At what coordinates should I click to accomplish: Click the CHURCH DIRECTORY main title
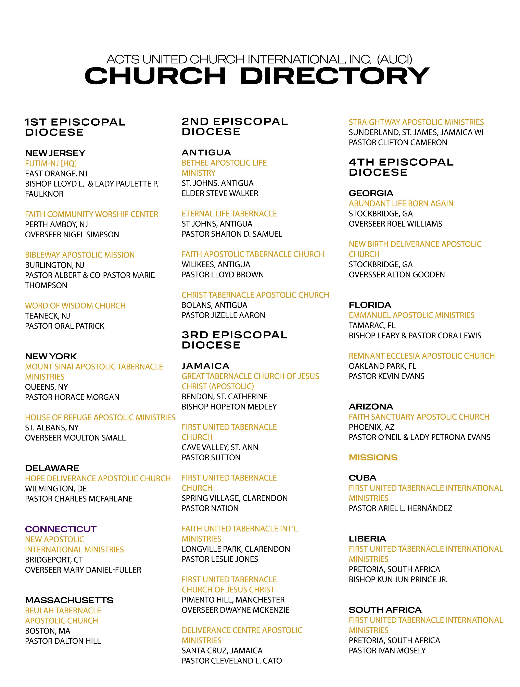click(x=257, y=76)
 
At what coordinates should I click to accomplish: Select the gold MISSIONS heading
click(x=373, y=458)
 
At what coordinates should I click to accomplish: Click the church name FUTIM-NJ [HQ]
click(x=51, y=163)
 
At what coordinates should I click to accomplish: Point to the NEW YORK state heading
click(x=51, y=356)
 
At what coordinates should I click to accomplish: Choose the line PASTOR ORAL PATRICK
click(x=65, y=326)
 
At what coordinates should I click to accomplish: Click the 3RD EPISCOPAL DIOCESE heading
click(x=234, y=340)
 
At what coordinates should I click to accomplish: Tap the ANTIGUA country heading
click(x=206, y=152)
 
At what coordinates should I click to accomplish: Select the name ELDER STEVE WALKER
click(x=220, y=193)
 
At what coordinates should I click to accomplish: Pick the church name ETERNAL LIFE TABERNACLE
click(x=229, y=214)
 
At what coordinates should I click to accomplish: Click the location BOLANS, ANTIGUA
click(x=215, y=305)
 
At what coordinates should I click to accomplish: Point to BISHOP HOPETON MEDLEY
click(x=229, y=407)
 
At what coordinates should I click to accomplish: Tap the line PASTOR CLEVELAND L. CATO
click(x=232, y=661)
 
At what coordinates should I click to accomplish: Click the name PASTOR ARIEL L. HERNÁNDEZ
click(x=401, y=508)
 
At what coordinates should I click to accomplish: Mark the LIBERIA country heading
click(x=367, y=539)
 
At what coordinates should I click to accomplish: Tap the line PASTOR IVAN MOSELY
click(x=387, y=651)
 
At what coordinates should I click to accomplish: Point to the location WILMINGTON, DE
click(x=56, y=489)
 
